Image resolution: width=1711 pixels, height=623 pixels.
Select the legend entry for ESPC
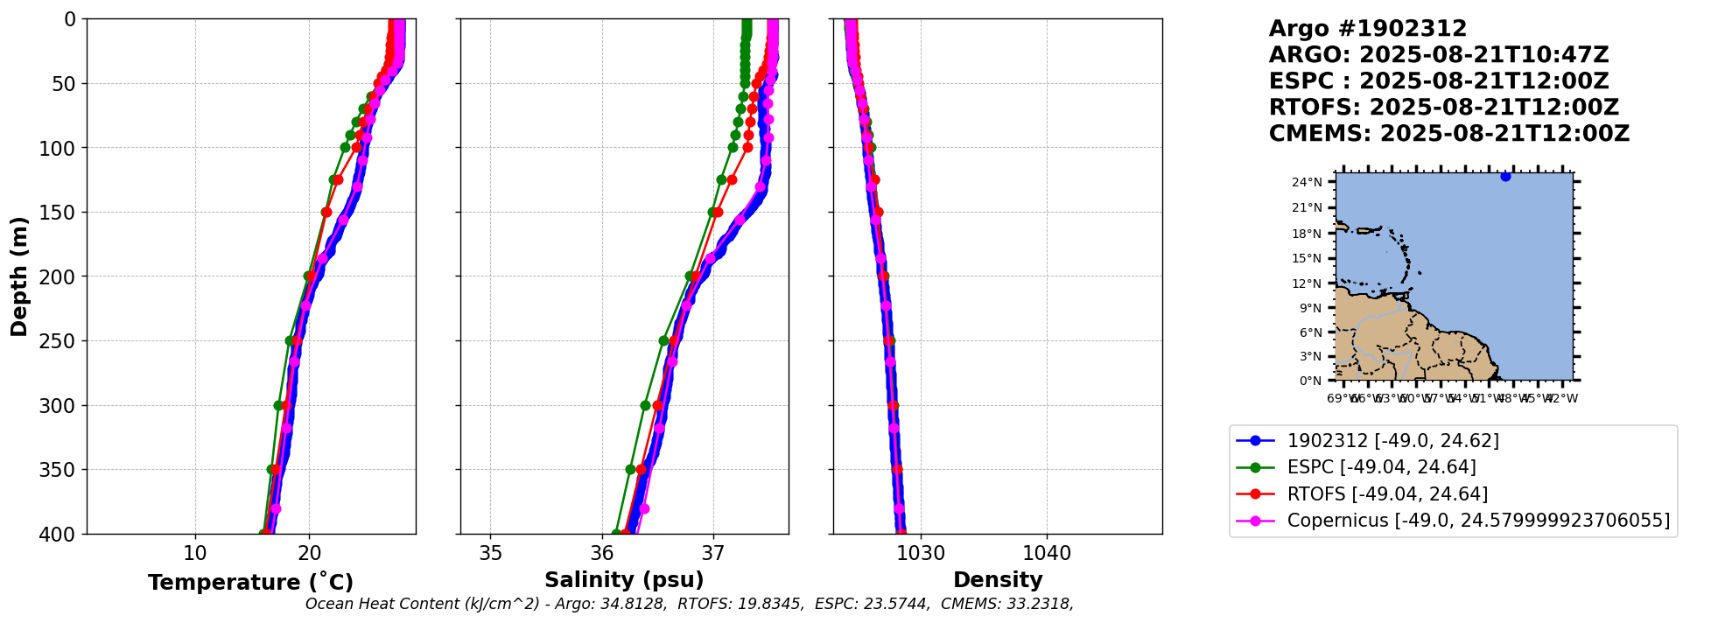[x=1381, y=467]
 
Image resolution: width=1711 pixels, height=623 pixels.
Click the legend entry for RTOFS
[x=1387, y=494]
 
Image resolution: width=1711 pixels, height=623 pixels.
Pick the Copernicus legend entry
[x=1478, y=521]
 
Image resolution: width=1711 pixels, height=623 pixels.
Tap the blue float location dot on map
[x=1505, y=177]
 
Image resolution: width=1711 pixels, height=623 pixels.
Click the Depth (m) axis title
[x=19, y=276]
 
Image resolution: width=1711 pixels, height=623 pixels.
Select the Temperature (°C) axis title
[x=250, y=582]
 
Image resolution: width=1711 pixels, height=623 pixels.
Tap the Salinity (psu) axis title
[x=624, y=580]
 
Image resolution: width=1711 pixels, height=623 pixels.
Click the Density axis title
[x=998, y=580]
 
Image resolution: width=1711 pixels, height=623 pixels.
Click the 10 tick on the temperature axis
[x=195, y=554]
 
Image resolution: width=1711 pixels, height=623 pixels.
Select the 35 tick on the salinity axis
[x=490, y=554]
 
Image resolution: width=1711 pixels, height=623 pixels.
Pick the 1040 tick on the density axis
[x=1047, y=554]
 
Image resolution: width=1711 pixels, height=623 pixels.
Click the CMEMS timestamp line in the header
[x=1448, y=134]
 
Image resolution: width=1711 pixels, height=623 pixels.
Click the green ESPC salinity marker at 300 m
[x=646, y=405]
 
